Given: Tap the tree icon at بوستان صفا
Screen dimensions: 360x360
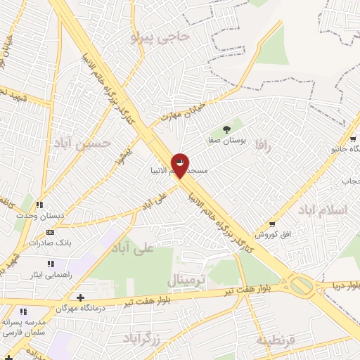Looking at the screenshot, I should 226,129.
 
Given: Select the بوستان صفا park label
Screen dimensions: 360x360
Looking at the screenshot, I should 227,141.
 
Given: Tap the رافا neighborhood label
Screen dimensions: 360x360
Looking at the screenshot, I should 264,146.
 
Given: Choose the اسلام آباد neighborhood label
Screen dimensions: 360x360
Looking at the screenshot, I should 323,210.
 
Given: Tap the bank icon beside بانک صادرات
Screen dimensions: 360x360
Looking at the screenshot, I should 50,232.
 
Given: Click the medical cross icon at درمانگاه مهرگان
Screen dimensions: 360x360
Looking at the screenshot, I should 81,298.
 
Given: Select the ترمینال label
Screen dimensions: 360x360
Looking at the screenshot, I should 186,281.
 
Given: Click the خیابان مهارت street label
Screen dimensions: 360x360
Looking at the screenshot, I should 180,112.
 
